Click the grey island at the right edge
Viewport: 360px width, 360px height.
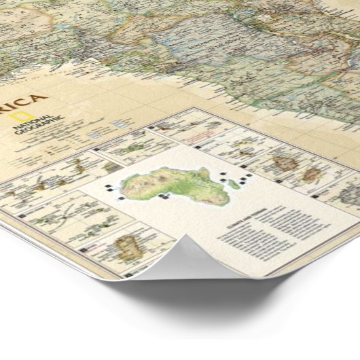tap(349, 196)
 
